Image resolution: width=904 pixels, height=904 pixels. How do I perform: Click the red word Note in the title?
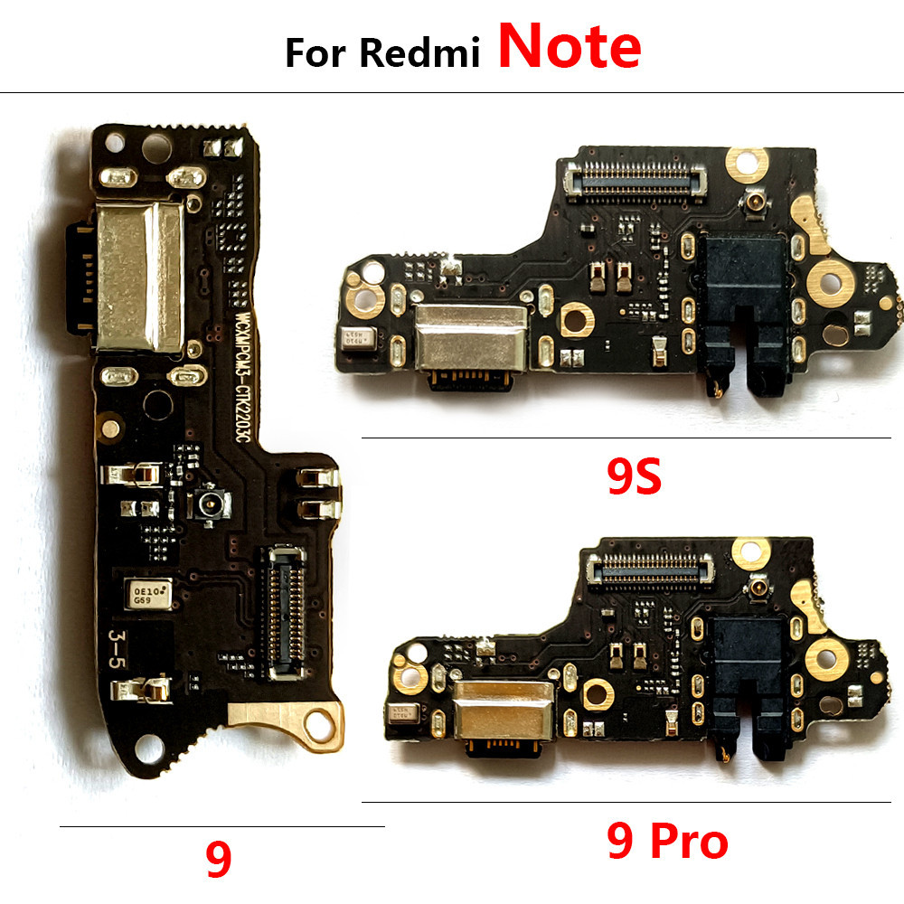569,49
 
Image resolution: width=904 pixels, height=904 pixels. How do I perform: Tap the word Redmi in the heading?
419,53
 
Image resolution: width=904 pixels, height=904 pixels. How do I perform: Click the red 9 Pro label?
667,843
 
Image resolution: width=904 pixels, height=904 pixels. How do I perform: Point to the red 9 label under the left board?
218,861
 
